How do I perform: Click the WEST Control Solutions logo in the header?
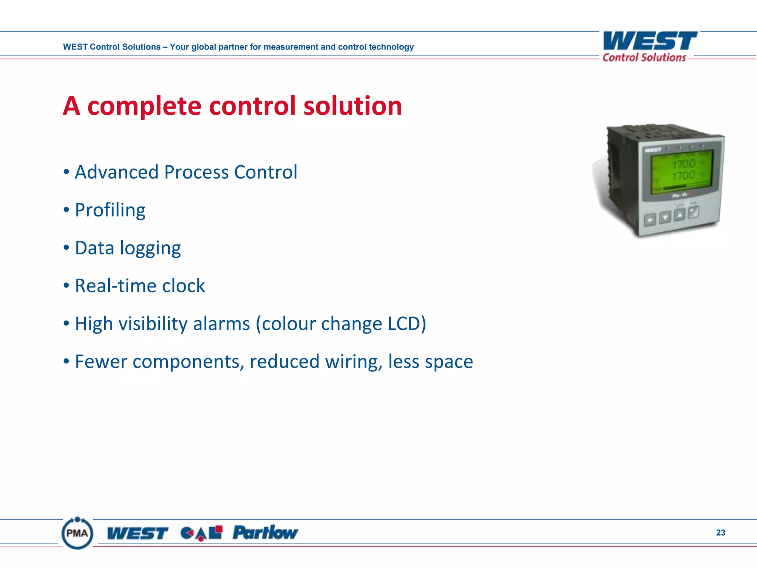pos(649,46)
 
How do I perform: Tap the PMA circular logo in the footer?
pos(77,533)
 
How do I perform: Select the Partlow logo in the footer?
pos(265,533)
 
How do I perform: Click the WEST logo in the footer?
pos(138,533)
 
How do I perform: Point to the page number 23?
pos(720,532)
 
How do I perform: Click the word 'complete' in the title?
pos(144,106)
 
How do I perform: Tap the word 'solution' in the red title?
pos(352,106)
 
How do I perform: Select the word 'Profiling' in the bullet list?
pos(110,210)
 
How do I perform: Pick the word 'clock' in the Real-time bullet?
pos(183,286)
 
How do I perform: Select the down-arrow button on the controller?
pos(665,217)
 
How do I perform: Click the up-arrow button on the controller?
pos(679,215)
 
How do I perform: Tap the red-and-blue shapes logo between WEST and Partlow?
pos(201,533)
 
